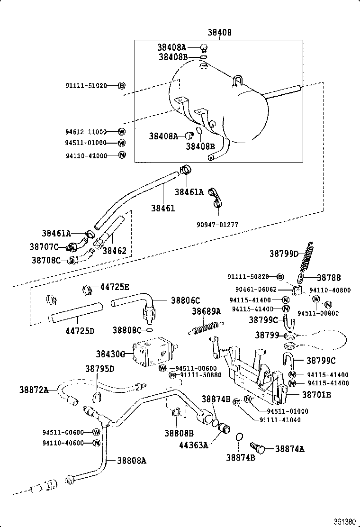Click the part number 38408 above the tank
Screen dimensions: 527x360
click(x=219, y=33)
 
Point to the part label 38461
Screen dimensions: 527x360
click(x=163, y=208)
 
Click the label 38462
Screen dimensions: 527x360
click(x=115, y=250)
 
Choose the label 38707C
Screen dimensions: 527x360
click(x=44, y=246)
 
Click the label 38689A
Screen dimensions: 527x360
click(x=206, y=311)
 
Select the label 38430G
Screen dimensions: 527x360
click(x=111, y=354)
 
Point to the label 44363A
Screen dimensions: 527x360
click(x=193, y=445)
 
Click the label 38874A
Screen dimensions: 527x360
click(x=289, y=449)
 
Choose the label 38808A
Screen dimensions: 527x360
click(x=132, y=460)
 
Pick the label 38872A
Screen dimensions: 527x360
click(x=34, y=390)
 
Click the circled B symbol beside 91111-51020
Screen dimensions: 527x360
click(x=121, y=85)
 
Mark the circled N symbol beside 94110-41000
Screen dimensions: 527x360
click(x=121, y=155)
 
